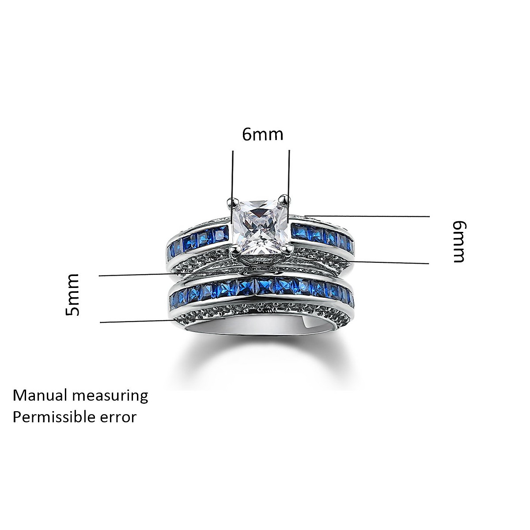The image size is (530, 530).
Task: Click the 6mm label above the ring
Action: [x=262, y=134]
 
